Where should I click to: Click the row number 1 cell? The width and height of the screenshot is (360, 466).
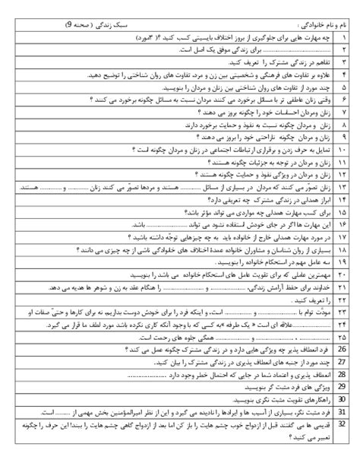click(x=345, y=36)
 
